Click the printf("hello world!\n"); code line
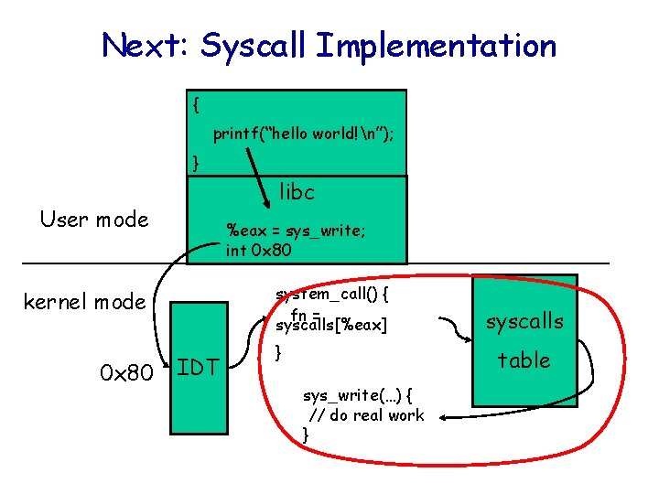(x=303, y=134)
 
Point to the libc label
(x=297, y=192)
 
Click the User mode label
(x=93, y=220)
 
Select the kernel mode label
(x=84, y=301)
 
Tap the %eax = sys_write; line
(x=297, y=231)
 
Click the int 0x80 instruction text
(x=258, y=249)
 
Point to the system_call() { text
(x=333, y=294)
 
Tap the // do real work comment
(x=366, y=415)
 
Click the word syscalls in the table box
(x=524, y=322)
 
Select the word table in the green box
(x=524, y=360)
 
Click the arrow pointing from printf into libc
(x=265, y=169)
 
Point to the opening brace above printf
(x=196, y=104)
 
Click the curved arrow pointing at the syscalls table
(x=450, y=325)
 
